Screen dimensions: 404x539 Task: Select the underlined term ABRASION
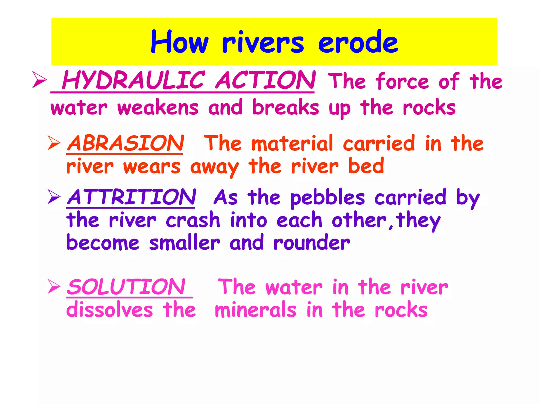tap(126, 143)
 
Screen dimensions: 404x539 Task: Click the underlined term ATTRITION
tap(131, 197)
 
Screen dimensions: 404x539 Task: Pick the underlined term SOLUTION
tap(126, 287)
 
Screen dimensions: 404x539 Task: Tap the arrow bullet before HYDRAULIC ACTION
tap(39, 79)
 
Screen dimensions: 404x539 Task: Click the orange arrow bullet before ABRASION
tap(54, 143)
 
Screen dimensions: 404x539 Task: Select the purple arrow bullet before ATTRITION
tap(54, 197)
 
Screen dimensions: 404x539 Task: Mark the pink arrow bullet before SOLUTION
tap(54, 286)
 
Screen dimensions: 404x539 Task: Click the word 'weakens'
tap(158, 108)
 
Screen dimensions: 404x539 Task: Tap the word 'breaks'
tap(286, 108)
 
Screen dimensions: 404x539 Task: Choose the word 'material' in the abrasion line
tap(292, 143)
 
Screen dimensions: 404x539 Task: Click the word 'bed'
tap(366, 166)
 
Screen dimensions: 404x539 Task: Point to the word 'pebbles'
tap(328, 198)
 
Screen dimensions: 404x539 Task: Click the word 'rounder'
tap(312, 243)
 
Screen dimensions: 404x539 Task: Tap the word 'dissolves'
tap(109, 310)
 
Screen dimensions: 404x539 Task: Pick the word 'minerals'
tap(256, 310)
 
